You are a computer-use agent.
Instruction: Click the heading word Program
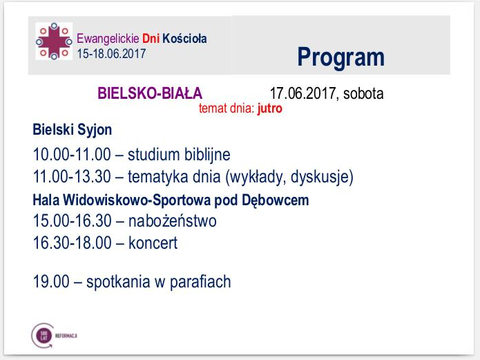(340, 57)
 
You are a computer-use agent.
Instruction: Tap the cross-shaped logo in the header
(53, 41)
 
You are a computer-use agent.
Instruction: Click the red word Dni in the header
(151, 39)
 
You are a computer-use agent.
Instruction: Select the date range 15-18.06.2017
(111, 53)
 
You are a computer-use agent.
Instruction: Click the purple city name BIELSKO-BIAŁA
(150, 93)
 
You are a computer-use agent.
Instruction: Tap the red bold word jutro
(269, 108)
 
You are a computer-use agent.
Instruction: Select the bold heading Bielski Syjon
(73, 130)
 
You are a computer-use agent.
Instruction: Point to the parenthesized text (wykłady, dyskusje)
(289, 177)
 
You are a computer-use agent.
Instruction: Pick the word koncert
(153, 243)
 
